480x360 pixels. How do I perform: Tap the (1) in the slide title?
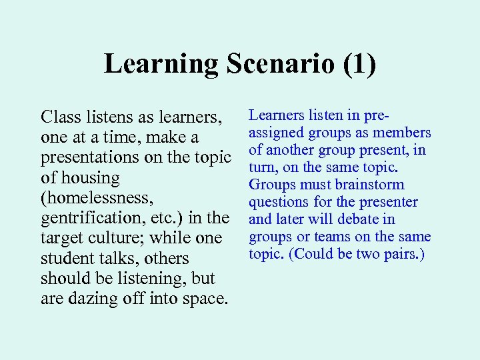click(359, 65)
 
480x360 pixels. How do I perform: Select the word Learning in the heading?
click(161, 65)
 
